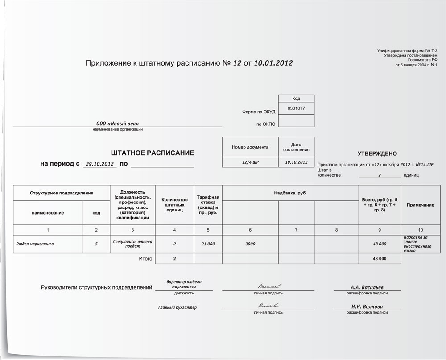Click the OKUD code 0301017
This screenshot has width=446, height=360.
(296, 108)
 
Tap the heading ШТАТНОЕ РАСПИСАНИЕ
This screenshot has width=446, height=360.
(153, 153)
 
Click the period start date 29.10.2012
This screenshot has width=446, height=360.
(100, 164)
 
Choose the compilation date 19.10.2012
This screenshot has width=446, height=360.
(296, 162)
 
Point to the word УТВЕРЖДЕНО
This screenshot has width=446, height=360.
(377, 153)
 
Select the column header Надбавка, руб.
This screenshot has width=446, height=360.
(290, 193)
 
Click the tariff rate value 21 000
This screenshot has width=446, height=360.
(208, 244)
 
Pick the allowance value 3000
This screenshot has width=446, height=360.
(250, 244)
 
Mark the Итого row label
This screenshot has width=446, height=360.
(145, 258)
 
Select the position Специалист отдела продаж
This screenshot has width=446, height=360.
(133, 244)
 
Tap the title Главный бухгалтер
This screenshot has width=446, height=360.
(178, 307)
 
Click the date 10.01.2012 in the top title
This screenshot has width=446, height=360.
(273, 63)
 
